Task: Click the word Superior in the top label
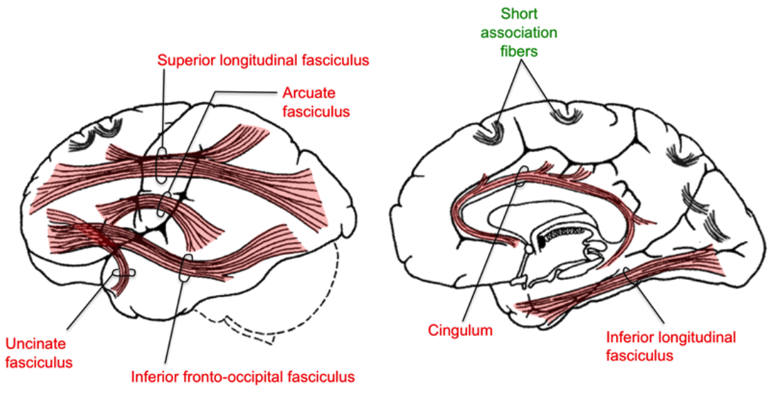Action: (183, 60)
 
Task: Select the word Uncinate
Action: (31, 344)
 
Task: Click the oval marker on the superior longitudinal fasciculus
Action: (161, 165)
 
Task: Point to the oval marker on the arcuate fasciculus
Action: (163, 205)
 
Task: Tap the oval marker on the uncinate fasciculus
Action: (125, 274)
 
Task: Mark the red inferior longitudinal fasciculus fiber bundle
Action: (623, 280)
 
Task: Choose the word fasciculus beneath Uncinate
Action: (39, 361)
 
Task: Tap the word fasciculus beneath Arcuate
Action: (315, 111)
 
